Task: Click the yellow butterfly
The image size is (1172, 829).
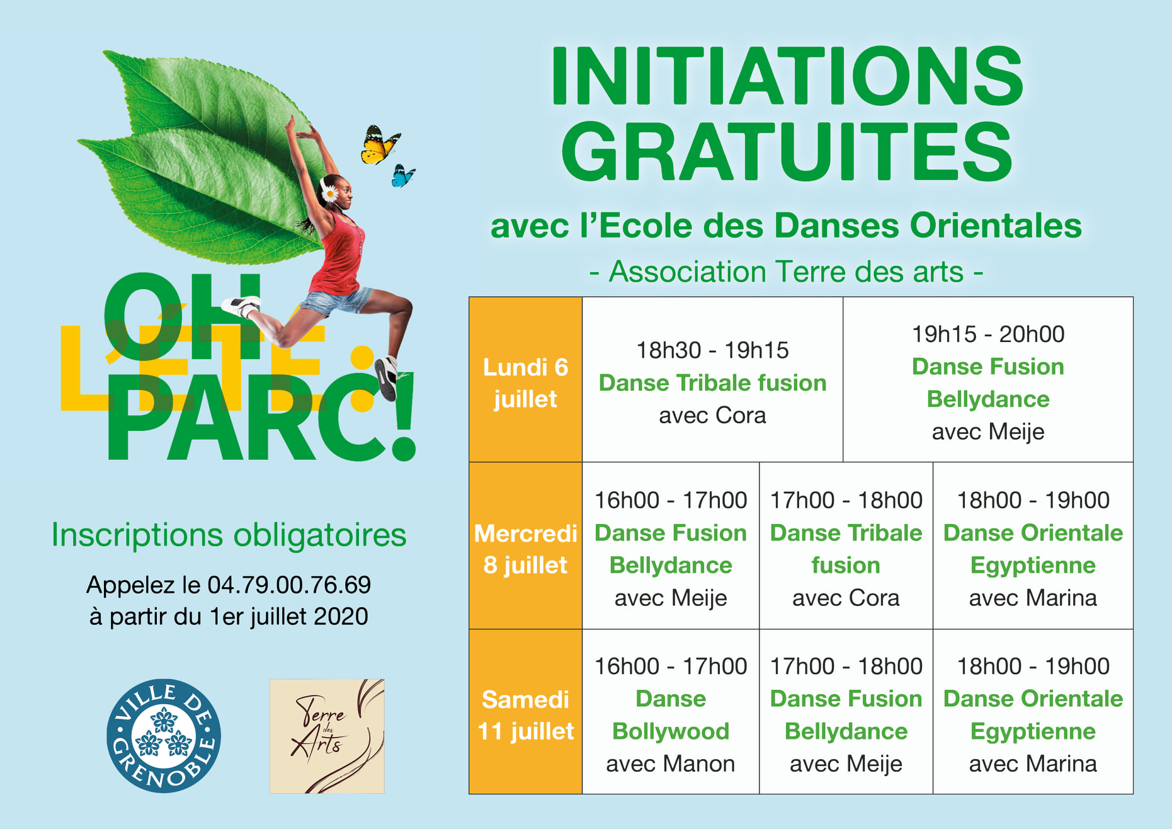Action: pos(380,145)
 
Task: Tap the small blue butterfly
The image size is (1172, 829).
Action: pos(402,176)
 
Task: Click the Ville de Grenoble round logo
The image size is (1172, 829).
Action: pos(164,736)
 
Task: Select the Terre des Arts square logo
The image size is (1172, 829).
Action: pos(327,736)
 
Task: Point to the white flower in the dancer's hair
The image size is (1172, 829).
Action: pos(329,192)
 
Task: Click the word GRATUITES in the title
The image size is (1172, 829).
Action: pos(787,152)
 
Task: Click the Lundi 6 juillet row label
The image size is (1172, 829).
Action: pos(525,383)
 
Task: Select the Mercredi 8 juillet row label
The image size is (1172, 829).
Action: pos(525,549)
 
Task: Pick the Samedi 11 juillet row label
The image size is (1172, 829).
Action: pos(525,715)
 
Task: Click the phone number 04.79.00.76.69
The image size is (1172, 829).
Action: pos(289,585)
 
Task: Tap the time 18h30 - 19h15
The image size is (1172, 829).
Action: pos(712,350)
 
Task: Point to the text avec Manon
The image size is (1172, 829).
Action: pos(670,763)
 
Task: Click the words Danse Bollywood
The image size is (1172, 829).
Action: pos(671,715)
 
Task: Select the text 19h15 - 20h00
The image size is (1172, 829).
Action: pos(988,334)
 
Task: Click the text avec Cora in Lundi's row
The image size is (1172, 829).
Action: pos(712,416)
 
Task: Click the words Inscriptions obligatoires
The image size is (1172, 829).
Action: pos(229,535)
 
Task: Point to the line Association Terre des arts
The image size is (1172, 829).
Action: pos(787,272)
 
